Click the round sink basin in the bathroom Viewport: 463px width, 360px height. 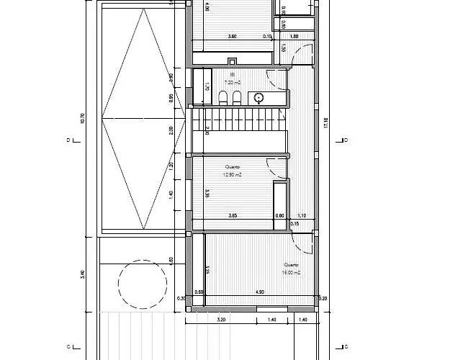(x=259, y=97)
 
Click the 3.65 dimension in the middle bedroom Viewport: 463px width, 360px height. (x=233, y=215)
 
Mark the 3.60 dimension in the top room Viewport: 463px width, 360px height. (x=232, y=36)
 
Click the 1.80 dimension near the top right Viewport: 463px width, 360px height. (x=294, y=36)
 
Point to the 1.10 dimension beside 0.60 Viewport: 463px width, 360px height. (x=302, y=215)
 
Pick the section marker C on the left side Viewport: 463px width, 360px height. (x=67, y=346)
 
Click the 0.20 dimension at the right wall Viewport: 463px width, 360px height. (x=323, y=298)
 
